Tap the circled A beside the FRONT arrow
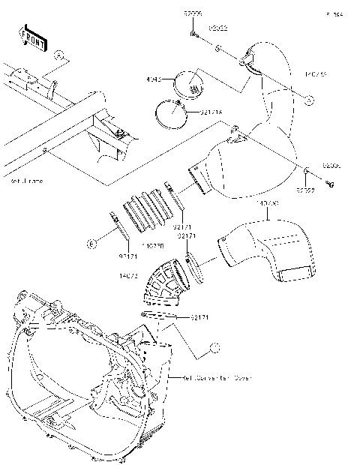[59, 55]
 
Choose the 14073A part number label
[268, 203]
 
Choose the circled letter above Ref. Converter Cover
[214, 347]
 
